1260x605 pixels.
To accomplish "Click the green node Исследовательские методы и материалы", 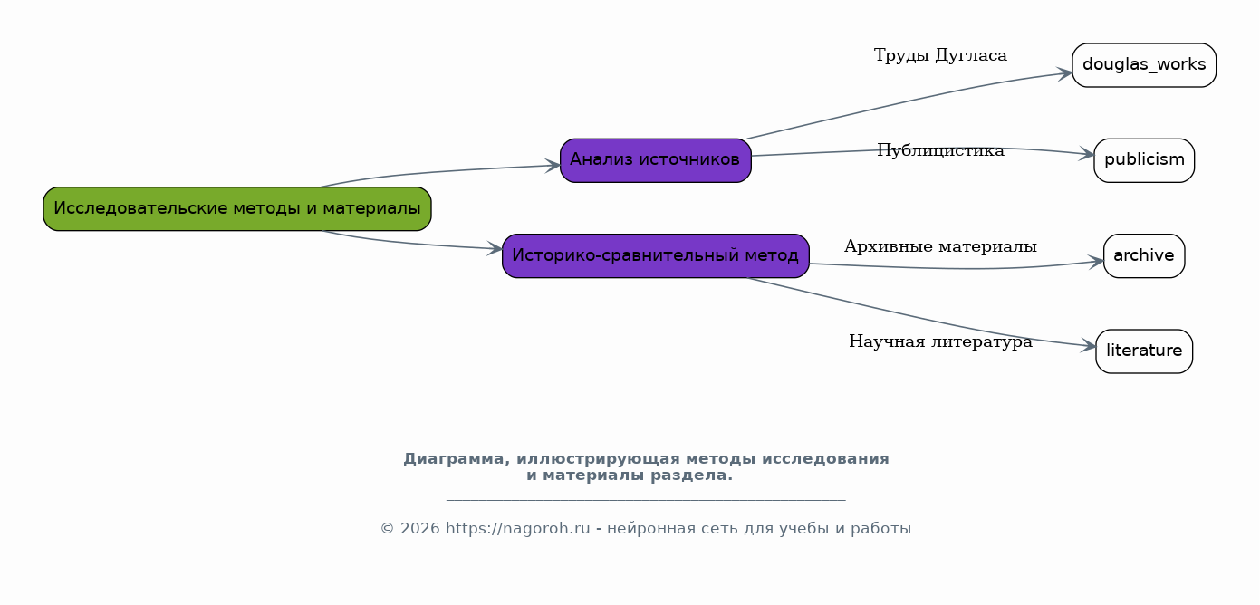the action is click(x=237, y=208).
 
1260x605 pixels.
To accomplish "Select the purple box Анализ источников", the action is click(x=655, y=160).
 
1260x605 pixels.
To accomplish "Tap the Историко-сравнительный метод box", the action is click(x=655, y=255).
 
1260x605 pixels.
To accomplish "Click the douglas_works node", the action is click(x=1144, y=65).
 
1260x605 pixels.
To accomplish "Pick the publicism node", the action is click(x=1144, y=160).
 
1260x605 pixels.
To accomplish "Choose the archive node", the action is click(x=1144, y=255).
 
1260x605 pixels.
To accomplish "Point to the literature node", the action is click(x=1144, y=351).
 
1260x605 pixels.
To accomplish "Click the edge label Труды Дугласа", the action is click(x=940, y=55).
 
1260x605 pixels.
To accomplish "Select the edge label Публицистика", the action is click(x=940, y=150).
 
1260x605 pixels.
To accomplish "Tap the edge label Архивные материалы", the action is click(x=940, y=246).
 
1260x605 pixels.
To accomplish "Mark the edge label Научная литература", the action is click(x=940, y=341).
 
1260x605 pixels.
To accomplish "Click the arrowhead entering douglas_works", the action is click(x=1065, y=73).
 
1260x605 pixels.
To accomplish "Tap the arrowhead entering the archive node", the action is click(x=1096, y=262).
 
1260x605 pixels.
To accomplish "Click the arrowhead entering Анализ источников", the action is click(x=553, y=166).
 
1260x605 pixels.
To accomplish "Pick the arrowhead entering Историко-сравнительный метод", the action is click(x=495, y=248).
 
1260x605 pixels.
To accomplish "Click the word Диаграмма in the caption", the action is click(x=455, y=459).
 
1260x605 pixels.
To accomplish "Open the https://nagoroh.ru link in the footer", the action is click(x=518, y=529).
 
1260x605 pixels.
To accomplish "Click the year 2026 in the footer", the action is click(x=420, y=529).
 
